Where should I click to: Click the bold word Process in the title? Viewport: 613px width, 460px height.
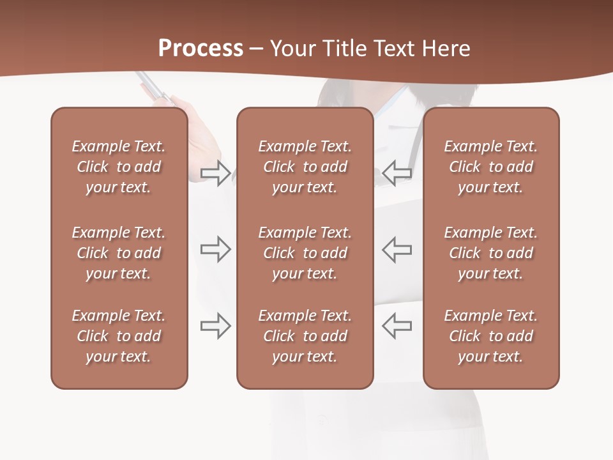point(201,49)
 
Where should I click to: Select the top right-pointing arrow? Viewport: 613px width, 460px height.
point(215,173)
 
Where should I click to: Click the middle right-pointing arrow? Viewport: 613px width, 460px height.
point(215,249)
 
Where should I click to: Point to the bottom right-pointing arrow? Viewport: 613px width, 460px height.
point(215,326)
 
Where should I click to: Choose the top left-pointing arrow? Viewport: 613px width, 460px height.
point(397,173)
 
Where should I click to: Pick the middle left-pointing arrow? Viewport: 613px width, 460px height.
point(397,249)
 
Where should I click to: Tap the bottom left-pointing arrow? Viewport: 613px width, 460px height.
point(397,326)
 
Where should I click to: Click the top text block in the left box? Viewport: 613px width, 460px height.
point(119,167)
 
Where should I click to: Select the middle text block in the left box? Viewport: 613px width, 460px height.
point(119,253)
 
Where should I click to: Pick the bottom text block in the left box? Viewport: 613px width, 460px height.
point(119,336)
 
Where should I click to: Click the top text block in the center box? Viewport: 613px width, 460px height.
point(305,167)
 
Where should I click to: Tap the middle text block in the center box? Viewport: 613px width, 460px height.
point(305,253)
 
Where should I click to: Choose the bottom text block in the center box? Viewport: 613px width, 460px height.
point(305,336)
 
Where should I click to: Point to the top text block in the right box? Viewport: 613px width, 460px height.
point(491,167)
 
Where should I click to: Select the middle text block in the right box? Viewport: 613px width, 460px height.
point(491,253)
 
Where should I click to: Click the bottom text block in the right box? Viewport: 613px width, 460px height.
point(491,336)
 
